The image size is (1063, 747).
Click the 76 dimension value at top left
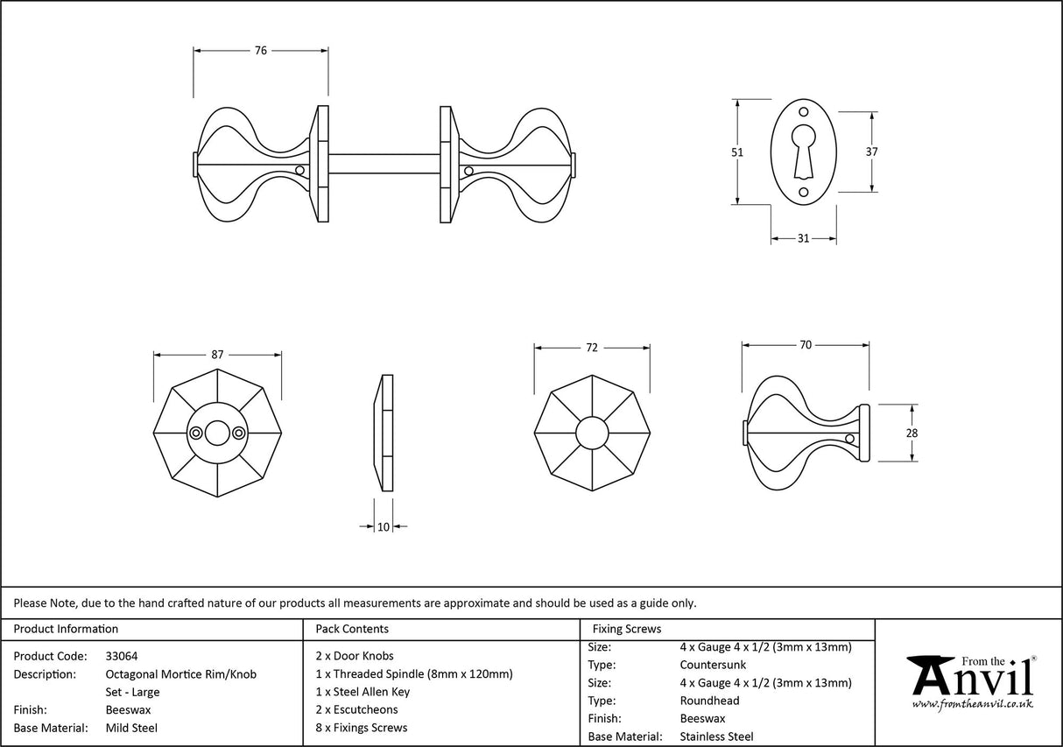260,51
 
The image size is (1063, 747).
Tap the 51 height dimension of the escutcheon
737,152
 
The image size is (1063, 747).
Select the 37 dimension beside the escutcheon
872,152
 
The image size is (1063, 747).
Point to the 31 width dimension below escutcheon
803,238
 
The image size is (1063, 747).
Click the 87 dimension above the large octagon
217,355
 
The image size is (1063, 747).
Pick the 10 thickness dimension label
384,526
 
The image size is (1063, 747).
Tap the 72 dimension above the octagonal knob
591,348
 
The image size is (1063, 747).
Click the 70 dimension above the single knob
806,345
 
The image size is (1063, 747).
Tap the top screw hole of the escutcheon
804,112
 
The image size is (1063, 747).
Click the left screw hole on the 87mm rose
197,432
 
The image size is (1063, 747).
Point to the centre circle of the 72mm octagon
592,433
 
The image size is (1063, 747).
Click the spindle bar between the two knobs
384,164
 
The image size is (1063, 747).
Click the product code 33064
121,655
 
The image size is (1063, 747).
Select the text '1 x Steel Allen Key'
363,692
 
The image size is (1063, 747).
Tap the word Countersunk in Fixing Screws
713,665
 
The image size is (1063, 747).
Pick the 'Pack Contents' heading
352,629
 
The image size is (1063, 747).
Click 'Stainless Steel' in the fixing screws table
716,736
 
